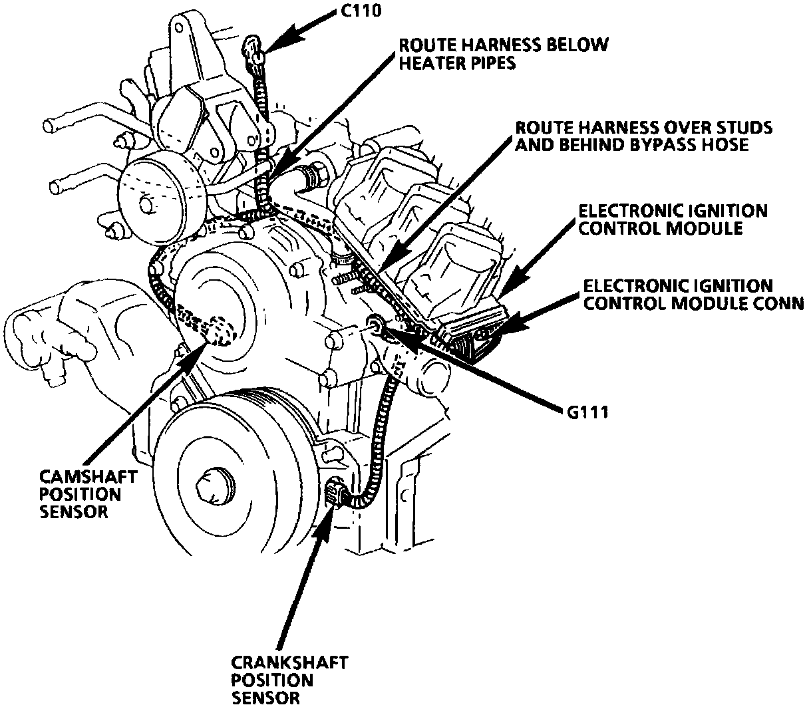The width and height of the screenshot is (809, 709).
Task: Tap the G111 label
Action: coord(584,412)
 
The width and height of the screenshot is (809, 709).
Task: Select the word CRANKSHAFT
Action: coord(289,663)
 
